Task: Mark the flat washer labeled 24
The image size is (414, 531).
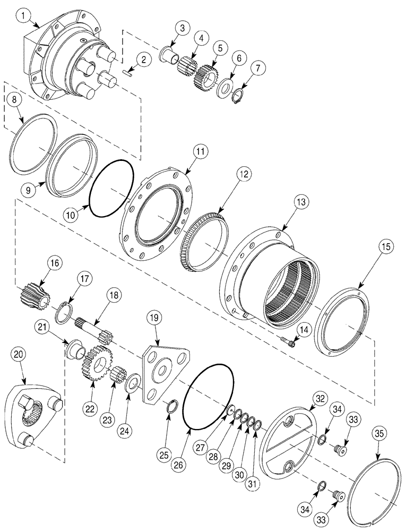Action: [x=132, y=383]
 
